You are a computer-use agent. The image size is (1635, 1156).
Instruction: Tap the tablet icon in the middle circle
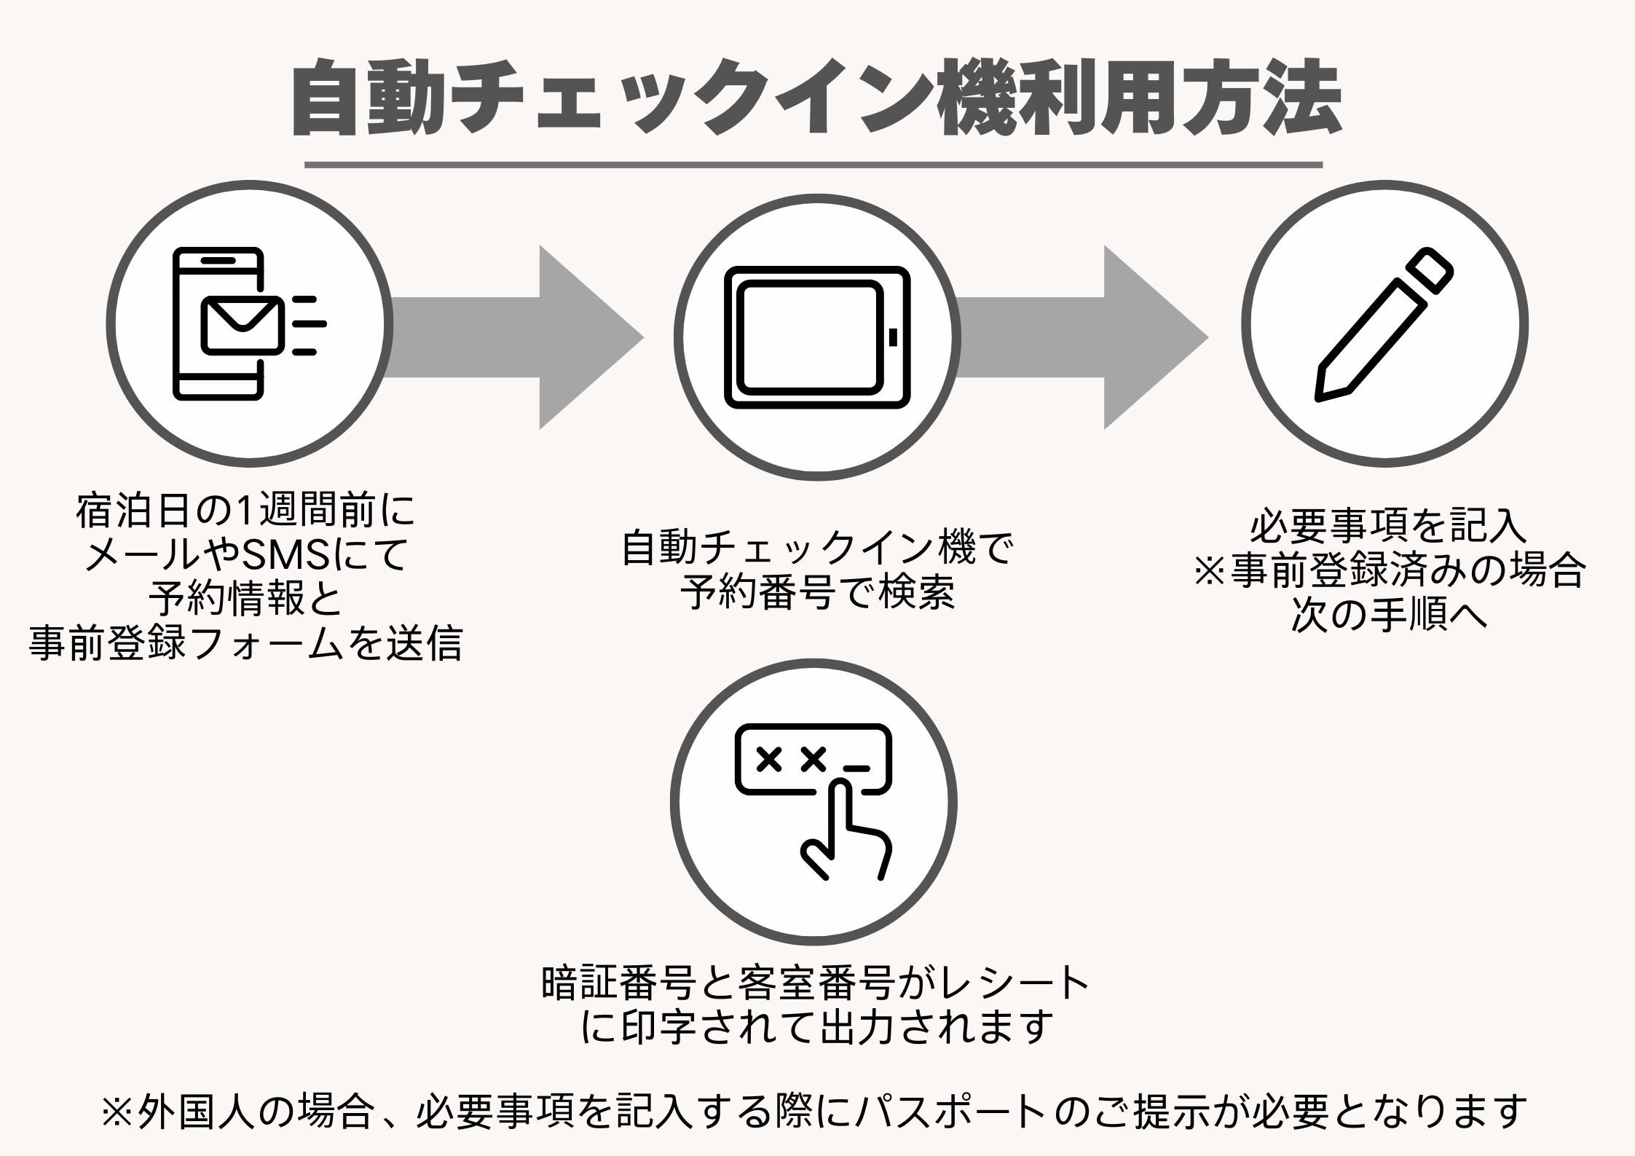pos(817,337)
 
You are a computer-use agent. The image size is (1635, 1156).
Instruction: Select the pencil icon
pos(1384,324)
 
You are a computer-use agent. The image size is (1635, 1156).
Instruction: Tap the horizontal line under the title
pos(813,165)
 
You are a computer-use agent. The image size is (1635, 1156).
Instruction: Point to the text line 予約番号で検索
pos(817,594)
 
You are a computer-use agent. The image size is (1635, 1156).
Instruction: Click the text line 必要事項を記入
pos(1388,527)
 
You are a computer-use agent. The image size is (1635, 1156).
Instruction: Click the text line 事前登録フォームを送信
pos(245,645)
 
